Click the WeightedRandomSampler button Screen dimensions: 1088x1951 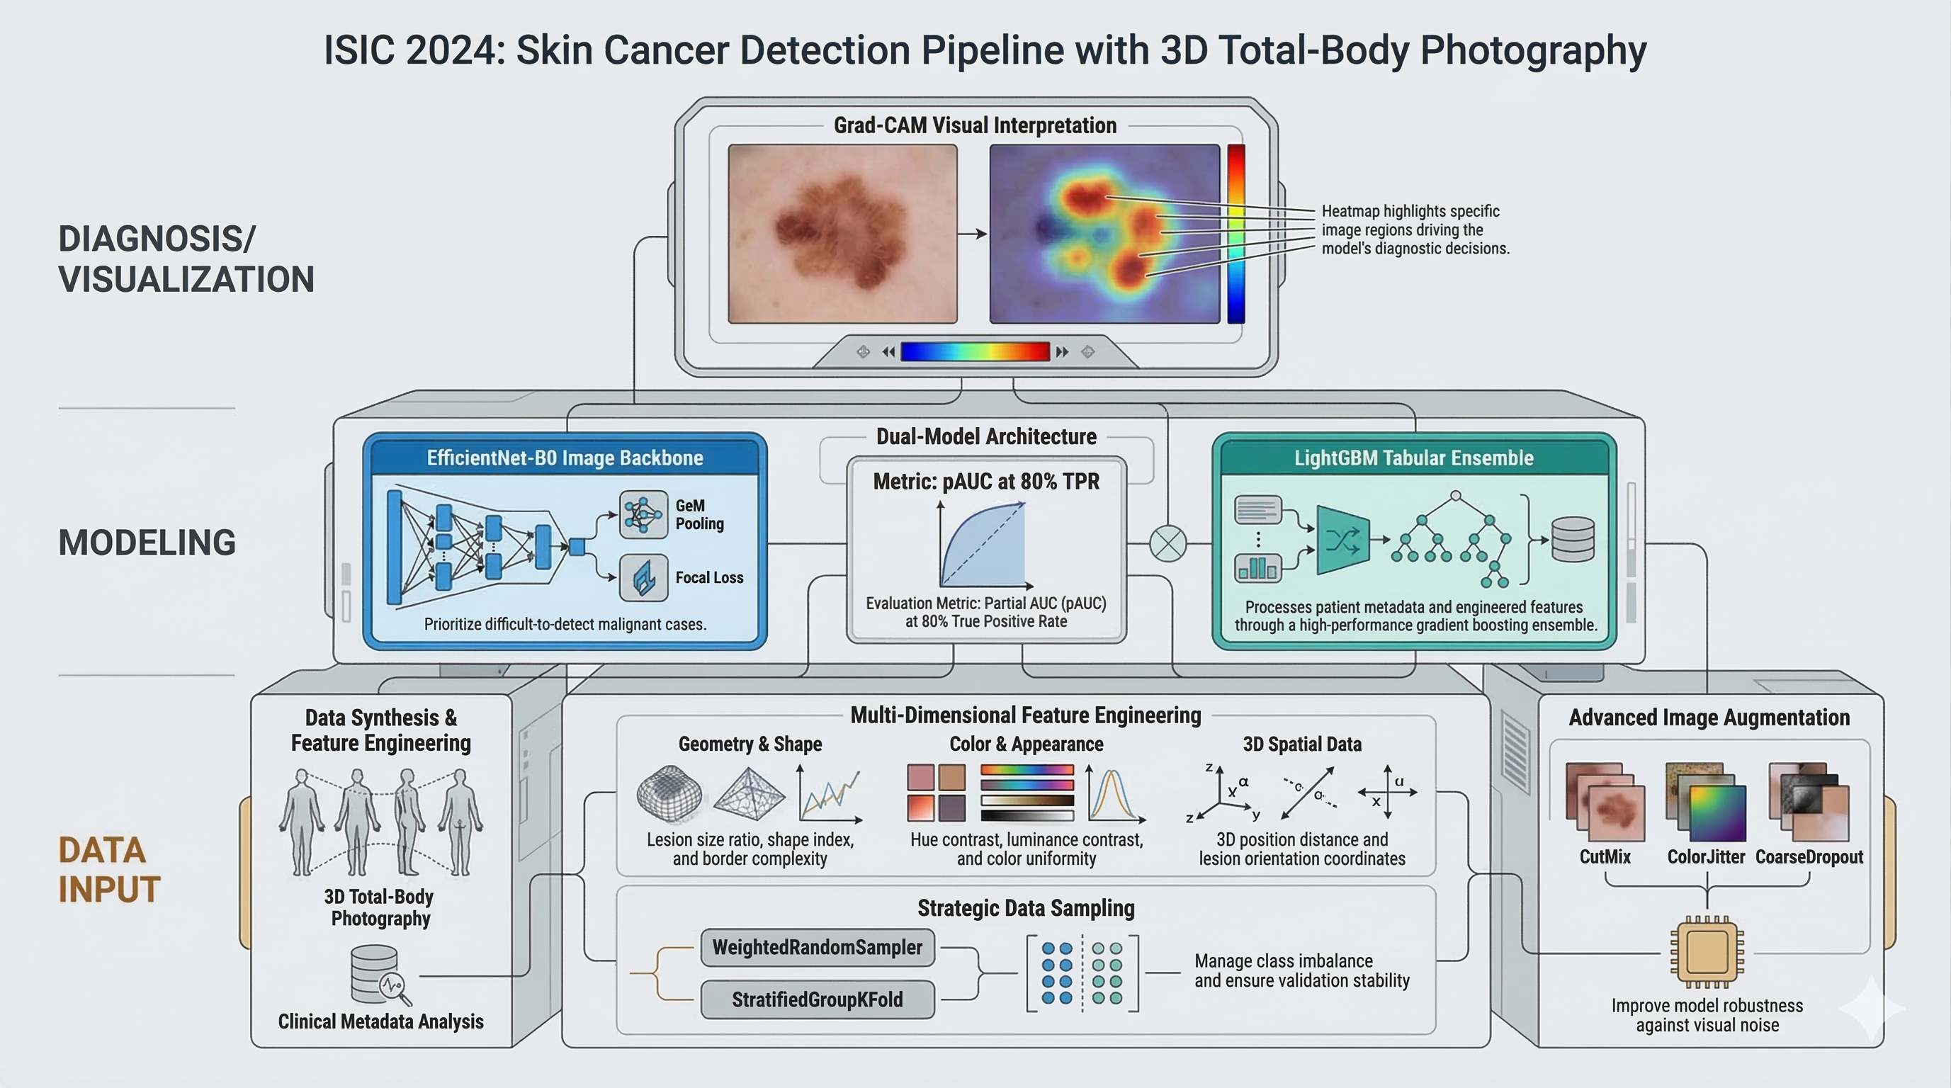(818, 947)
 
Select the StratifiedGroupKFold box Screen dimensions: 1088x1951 (818, 999)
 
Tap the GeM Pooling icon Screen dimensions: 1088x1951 (643, 514)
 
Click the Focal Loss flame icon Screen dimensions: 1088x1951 (643, 578)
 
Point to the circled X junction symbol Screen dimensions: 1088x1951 (1168, 543)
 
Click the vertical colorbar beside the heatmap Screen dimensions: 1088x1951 (1236, 233)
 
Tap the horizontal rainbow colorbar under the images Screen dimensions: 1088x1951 (975, 351)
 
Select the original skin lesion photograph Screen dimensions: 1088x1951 (842, 233)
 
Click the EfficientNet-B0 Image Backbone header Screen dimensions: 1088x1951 (565, 458)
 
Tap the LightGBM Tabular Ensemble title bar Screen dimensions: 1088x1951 (1413, 458)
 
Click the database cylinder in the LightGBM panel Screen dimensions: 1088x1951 (1573, 539)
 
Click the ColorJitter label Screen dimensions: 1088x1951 (1706, 857)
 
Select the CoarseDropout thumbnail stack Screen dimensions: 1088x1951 (1809, 802)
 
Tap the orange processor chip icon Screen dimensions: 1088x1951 (1707, 952)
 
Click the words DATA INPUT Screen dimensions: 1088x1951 (109, 870)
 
